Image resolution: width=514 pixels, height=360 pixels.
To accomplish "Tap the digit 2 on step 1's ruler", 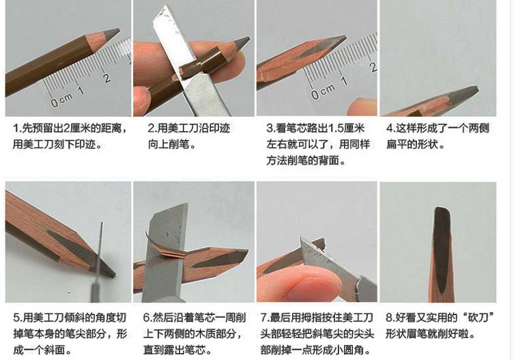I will [107, 77].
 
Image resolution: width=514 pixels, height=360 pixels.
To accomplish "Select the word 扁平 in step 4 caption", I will [398, 145].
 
